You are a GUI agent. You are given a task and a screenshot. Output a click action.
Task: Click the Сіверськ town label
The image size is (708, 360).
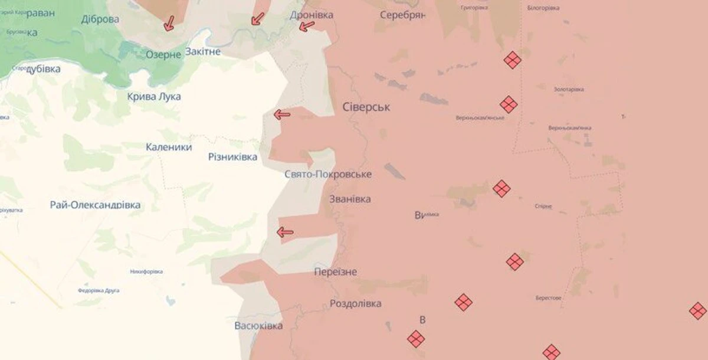pos(366,107)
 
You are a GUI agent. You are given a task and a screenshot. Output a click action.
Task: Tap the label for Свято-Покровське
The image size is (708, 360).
pos(328,175)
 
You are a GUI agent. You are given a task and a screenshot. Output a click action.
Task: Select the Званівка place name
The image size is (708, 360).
pos(350,199)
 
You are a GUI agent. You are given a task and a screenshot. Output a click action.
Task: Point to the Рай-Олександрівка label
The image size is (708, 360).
pos(96,205)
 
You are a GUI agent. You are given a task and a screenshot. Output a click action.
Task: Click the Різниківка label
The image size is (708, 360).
pos(233,157)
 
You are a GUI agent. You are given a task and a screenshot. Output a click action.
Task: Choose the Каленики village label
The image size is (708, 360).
pos(169,147)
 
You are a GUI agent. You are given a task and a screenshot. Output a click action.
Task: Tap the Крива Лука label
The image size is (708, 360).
pos(154,96)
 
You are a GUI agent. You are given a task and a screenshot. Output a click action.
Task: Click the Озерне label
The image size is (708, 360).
pos(163,54)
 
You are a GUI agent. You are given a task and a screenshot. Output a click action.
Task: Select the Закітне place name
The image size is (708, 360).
pos(203,51)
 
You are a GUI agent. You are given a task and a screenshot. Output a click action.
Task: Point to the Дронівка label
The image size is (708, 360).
pos(312,15)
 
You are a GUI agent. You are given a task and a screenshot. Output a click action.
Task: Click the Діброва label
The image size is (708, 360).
pos(100,19)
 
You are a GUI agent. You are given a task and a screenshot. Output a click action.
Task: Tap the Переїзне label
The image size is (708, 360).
pos(336,271)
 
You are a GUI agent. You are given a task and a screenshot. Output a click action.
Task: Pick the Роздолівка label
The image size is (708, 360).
pos(355,304)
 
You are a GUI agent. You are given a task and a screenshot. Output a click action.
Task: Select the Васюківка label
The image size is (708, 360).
pos(258,326)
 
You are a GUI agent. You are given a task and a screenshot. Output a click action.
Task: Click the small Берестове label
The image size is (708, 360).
pos(548,298)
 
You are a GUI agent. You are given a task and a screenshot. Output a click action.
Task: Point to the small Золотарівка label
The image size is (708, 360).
pos(569,89)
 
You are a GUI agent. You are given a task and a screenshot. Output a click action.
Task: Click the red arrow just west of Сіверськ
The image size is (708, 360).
pos(282,114)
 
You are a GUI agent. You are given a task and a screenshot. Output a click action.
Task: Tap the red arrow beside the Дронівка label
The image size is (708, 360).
pos(306,26)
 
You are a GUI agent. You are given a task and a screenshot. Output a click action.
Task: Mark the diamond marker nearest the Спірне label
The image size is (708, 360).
pos(501,189)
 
